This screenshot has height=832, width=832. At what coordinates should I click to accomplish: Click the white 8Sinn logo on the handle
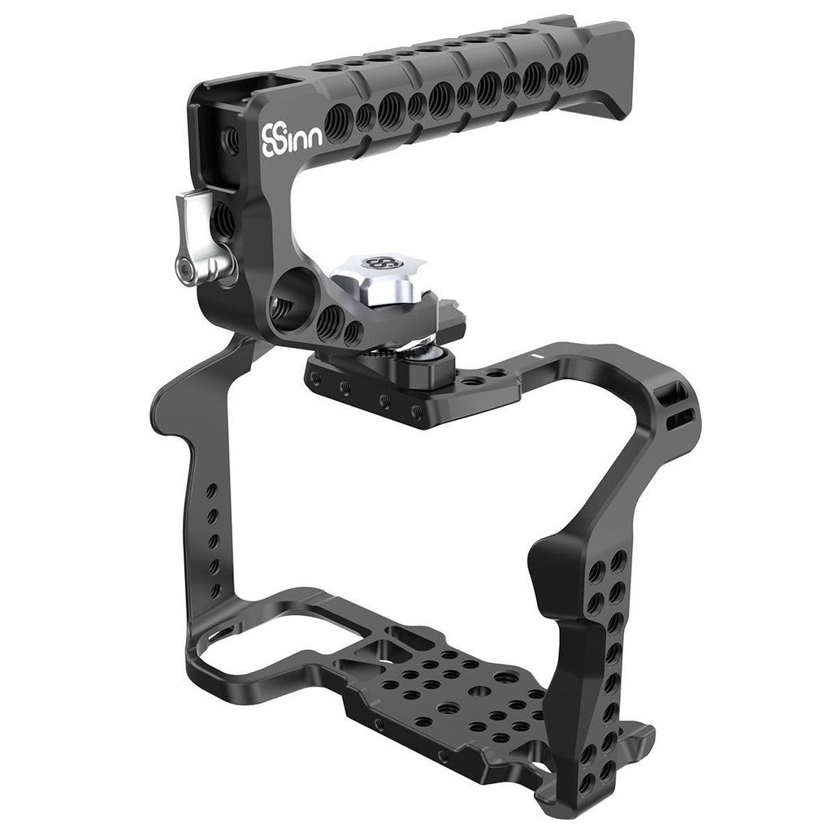click(x=292, y=140)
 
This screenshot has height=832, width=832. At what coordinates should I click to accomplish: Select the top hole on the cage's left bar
click(x=211, y=490)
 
